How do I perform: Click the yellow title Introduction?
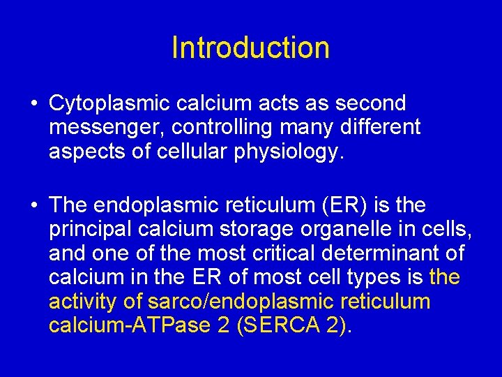(250, 47)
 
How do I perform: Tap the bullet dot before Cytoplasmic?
(33, 104)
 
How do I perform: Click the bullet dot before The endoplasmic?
(33, 206)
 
